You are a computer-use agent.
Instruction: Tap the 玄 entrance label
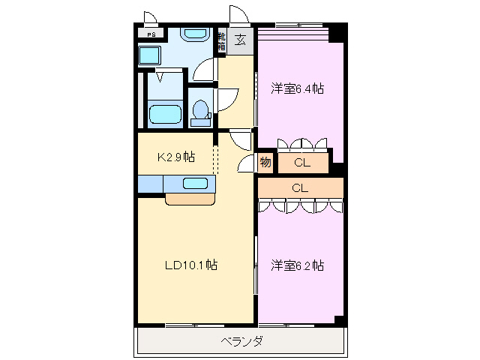coord(241,40)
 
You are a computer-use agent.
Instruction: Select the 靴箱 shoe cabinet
coord(221,40)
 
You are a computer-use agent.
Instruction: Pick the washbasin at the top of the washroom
coord(196,34)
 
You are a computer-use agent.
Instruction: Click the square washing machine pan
coord(150,55)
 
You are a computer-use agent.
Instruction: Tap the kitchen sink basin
coord(196,182)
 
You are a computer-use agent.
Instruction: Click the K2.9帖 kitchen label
coord(175,157)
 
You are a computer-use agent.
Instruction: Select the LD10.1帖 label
coord(191,265)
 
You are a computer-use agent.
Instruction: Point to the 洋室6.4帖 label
coord(297,88)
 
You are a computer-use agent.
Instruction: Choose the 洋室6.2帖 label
coord(297,265)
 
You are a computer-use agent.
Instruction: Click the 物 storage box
coord(265,162)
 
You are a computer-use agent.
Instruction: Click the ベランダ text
coord(241,341)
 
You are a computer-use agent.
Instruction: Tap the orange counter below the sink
coord(190,199)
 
